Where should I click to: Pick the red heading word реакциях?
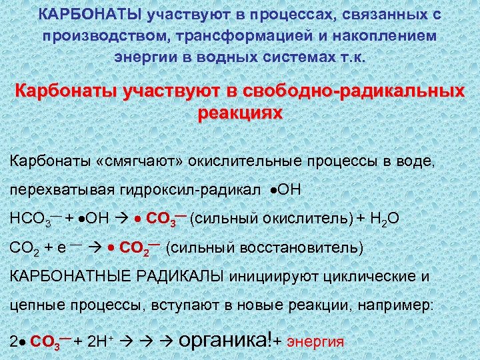click(240, 113)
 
